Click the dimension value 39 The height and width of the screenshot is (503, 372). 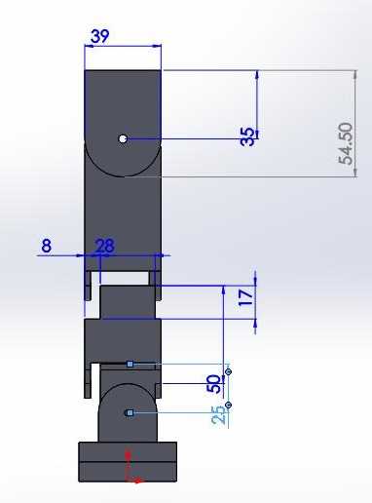point(100,36)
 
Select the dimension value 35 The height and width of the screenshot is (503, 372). point(247,136)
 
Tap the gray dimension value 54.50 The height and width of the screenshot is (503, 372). point(346,144)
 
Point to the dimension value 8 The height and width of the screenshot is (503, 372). point(47,246)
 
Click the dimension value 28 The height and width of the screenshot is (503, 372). point(105,246)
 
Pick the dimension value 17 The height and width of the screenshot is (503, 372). point(246,297)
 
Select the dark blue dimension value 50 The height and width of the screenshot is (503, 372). point(213,384)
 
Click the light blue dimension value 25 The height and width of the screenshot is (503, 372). point(219,414)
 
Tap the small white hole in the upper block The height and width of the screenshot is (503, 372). point(123,138)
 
